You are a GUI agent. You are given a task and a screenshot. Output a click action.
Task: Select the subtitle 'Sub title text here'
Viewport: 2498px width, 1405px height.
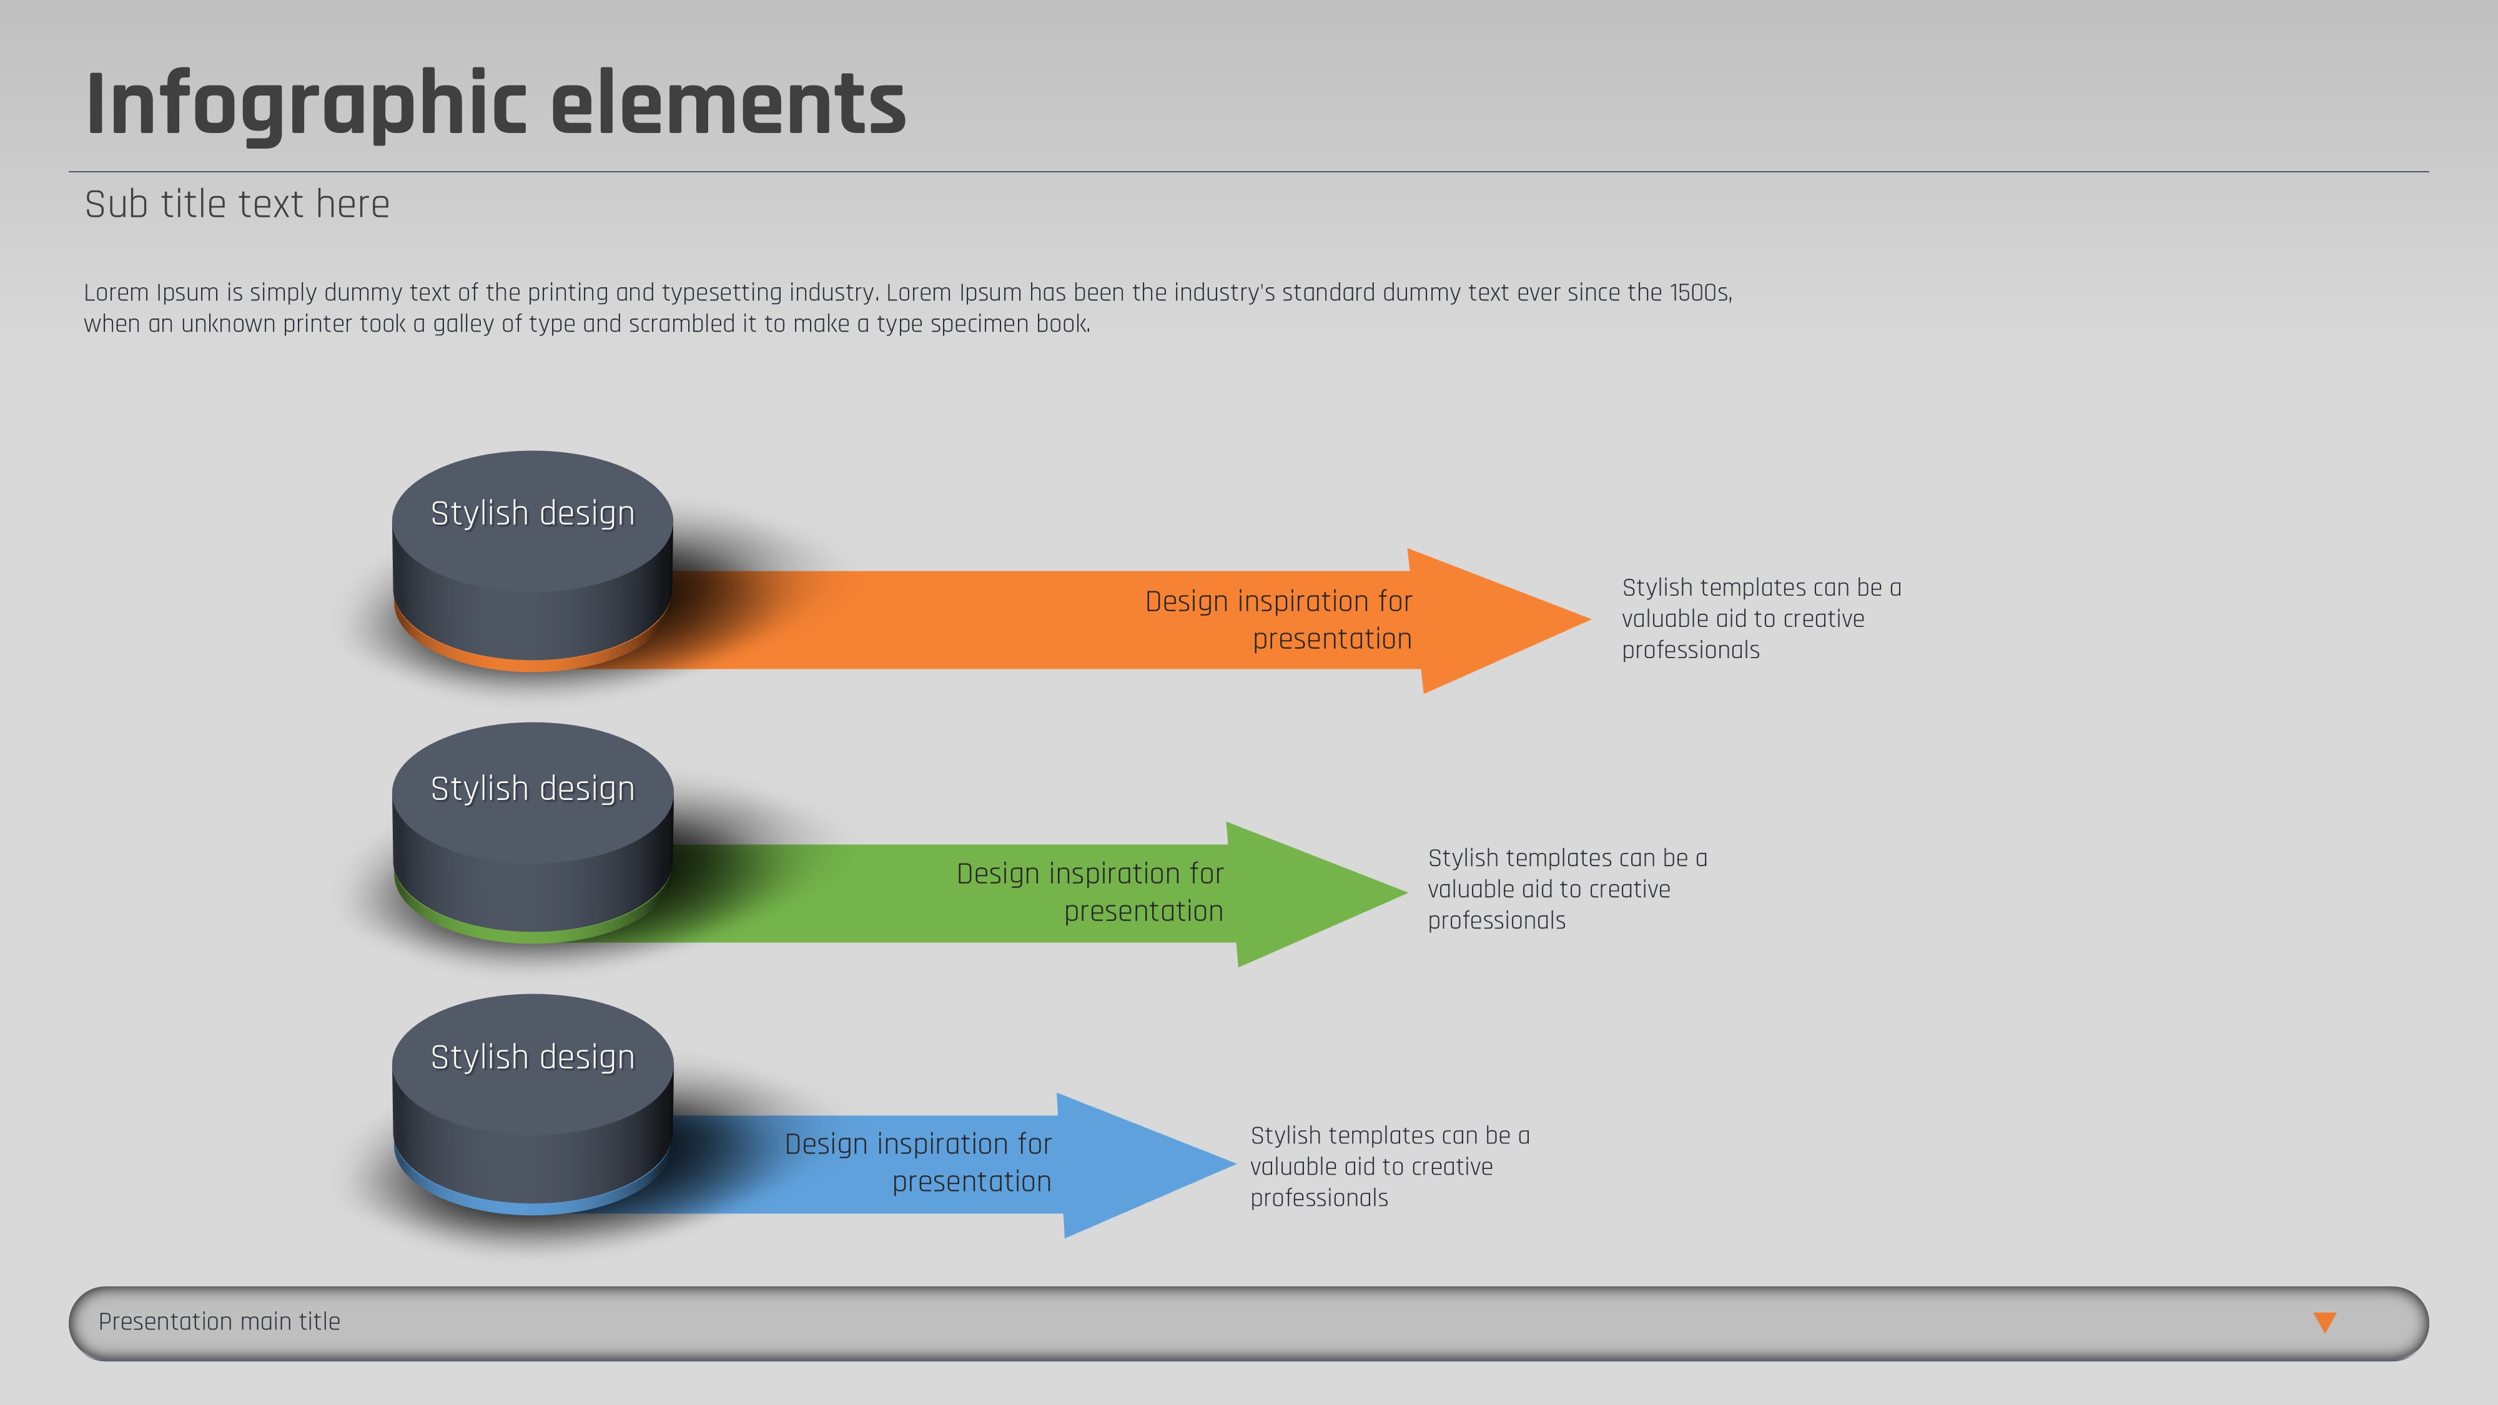click(237, 205)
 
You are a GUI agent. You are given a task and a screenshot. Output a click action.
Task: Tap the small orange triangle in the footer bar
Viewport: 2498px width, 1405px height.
click(2324, 1321)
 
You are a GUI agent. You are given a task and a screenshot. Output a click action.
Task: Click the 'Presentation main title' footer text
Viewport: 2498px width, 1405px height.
click(219, 1321)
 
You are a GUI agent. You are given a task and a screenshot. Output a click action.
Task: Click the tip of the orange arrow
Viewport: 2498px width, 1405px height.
click(1589, 619)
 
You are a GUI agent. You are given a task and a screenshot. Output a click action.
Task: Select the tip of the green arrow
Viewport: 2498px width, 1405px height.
click(1406, 892)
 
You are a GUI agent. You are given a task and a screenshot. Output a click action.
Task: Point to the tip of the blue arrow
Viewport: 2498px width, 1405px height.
click(1235, 1163)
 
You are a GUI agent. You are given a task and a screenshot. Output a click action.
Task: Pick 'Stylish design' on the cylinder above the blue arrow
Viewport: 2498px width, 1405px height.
click(532, 1058)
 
